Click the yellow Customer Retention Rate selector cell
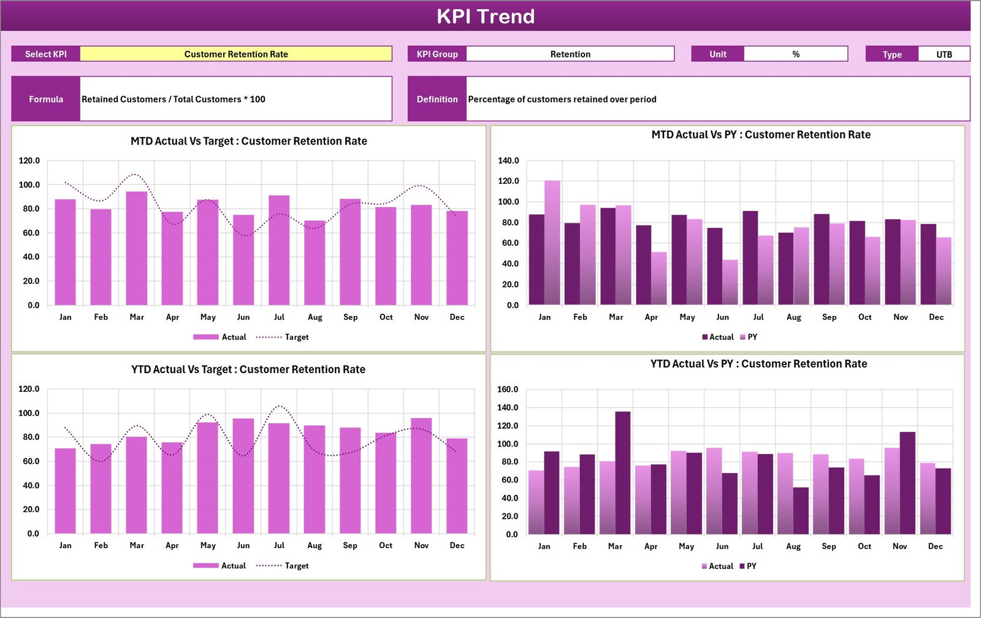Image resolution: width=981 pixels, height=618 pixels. point(236,54)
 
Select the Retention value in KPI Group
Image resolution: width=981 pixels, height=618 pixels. point(570,54)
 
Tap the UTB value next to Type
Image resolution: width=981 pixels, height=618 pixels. point(944,55)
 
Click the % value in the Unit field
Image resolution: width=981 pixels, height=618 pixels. point(795,54)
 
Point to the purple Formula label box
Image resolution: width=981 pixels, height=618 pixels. point(46,99)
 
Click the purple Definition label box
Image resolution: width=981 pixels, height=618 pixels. point(437,99)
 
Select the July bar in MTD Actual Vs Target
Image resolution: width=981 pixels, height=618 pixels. point(279,251)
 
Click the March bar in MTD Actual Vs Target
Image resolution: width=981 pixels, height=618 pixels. point(137,248)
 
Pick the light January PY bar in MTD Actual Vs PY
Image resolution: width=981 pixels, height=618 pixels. point(552,243)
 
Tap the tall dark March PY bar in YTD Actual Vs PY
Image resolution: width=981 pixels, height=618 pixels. point(622,473)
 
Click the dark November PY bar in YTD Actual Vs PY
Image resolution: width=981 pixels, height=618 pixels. point(907,483)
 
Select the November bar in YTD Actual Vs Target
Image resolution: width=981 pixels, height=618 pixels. point(421,476)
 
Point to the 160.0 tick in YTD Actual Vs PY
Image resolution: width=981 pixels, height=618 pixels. point(507,389)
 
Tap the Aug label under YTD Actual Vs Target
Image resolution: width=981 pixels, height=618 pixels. point(315,545)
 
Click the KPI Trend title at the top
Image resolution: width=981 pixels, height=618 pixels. point(485,16)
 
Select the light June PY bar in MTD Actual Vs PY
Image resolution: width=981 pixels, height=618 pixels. point(730,282)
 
